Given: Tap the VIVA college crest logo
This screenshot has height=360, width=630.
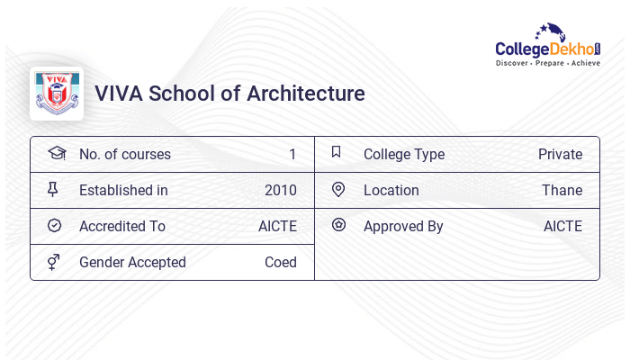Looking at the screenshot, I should pyautogui.click(x=57, y=94).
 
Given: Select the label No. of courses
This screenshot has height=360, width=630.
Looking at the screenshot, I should pyautogui.click(x=125, y=154).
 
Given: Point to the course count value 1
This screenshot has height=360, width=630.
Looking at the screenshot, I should pyautogui.click(x=292, y=154).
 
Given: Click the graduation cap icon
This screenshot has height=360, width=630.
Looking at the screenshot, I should pyautogui.click(x=56, y=153).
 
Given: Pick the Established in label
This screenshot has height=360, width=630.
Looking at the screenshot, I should pyautogui.click(x=123, y=190).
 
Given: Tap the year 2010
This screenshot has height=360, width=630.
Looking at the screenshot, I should pyautogui.click(x=281, y=190).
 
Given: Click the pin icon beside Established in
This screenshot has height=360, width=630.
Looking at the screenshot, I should pyautogui.click(x=55, y=189).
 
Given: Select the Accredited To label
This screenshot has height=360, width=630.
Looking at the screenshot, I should pyautogui.click(x=122, y=226).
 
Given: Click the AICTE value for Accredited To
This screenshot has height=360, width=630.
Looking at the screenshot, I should pyautogui.click(x=277, y=226).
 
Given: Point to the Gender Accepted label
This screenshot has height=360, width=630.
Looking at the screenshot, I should pyautogui.click(x=132, y=262).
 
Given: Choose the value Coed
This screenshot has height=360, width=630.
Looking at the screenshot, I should pyautogui.click(x=281, y=262).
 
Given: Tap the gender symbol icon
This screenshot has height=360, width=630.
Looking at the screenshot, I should pyautogui.click(x=55, y=262).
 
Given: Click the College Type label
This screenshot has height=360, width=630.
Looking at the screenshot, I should pyautogui.click(x=404, y=154).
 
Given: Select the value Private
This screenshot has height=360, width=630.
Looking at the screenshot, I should pyautogui.click(x=560, y=154).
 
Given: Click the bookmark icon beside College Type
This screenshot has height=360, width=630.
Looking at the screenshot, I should pyautogui.click(x=337, y=152).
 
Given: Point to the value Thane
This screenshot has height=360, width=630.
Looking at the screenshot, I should pyautogui.click(x=562, y=190).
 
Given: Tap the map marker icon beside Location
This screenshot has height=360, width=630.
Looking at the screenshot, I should pyautogui.click(x=338, y=189).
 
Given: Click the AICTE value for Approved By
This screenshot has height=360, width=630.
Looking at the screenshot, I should pyautogui.click(x=562, y=226).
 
